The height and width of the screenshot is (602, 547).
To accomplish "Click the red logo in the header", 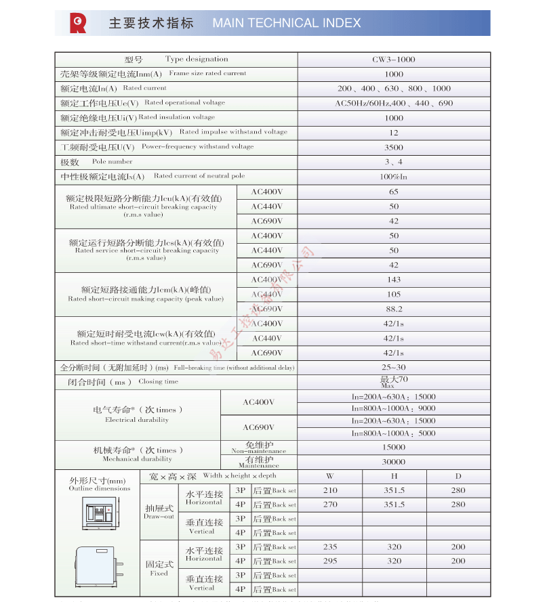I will pyautogui.click(x=78, y=23).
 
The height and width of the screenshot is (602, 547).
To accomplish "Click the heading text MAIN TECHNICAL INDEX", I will pyautogui.click(x=286, y=23).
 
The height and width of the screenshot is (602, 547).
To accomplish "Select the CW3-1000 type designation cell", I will pyautogui.click(x=393, y=60).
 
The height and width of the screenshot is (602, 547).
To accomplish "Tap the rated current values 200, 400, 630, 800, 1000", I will pyautogui.click(x=393, y=89).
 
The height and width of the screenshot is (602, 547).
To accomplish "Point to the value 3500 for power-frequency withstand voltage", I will pyautogui.click(x=393, y=148).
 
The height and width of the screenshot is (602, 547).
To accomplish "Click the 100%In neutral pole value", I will pyautogui.click(x=393, y=177).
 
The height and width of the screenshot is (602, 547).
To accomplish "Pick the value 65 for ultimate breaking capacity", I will pyautogui.click(x=393, y=192).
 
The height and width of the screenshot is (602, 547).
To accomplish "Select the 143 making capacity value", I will pyautogui.click(x=393, y=280).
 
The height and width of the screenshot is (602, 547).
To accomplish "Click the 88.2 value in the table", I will pyautogui.click(x=393, y=309).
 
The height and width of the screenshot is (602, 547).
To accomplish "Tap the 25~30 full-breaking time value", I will pyautogui.click(x=393, y=368).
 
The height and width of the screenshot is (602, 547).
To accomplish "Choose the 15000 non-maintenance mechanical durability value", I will pyautogui.click(x=393, y=448).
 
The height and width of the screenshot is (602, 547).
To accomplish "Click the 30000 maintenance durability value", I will pyautogui.click(x=393, y=462).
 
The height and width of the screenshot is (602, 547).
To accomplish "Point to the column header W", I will pyautogui.click(x=330, y=476).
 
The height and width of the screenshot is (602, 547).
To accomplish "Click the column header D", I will pyautogui.click(x=458, y=476).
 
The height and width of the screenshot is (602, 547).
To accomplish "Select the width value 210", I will pyautogui.click(x=330, y=490).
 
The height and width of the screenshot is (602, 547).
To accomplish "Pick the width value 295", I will pyautogui.click(x=330, y=561).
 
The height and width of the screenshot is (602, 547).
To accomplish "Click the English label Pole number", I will pyautogui.click(x=113, y=162).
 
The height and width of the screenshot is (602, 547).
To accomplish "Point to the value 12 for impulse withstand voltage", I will pyautogui.click(x=393, y=133).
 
